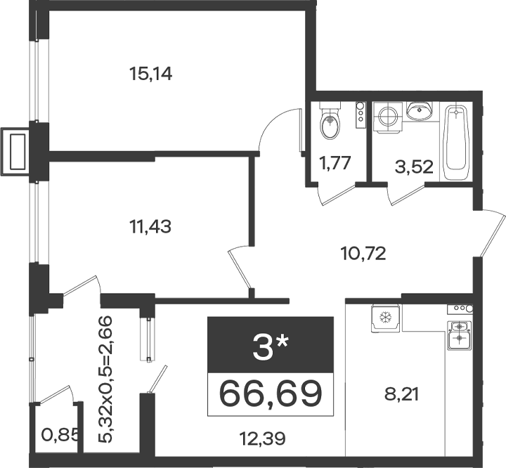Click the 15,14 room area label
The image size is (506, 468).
click(x=150, y=74)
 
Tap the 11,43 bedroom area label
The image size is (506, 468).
click(x=150, y=226)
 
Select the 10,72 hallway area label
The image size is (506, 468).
click(x=363, y=254)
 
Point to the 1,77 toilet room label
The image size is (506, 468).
click(x=335, y=162)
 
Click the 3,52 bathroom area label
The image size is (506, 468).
click(x=414, y=167)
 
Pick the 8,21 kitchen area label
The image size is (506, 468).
click(x=401, y=394)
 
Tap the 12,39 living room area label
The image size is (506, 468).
click(x=262, y=438)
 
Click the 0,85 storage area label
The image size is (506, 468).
click(x=60, y=436)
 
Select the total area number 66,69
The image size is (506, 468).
click(x=271, y=394)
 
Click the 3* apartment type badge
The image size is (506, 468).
click(x=271, y=345)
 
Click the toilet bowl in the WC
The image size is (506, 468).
click(x=330, y=120)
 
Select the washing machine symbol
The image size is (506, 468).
click(x=388, y=117)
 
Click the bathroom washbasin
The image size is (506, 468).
click(x=419, y=110)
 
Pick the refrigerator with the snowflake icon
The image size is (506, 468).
click(x=385, y=318)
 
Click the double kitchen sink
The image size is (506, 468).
click(x=459, y=335)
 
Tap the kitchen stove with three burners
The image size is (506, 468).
click(x=460, y=308)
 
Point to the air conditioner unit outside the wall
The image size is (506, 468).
click(x=15, y=152)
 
